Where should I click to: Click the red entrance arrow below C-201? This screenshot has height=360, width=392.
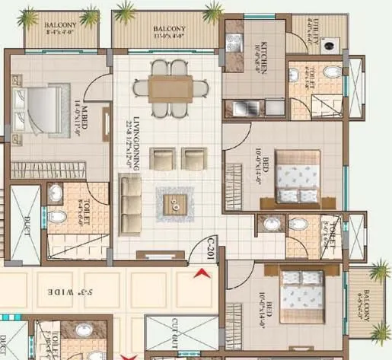pyautogui.click(x=202, y=272)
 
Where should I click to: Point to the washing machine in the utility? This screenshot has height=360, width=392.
pyautogui.click(x=329, y=44)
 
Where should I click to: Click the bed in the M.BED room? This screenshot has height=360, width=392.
pyautogui.click(x=38, y=106)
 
